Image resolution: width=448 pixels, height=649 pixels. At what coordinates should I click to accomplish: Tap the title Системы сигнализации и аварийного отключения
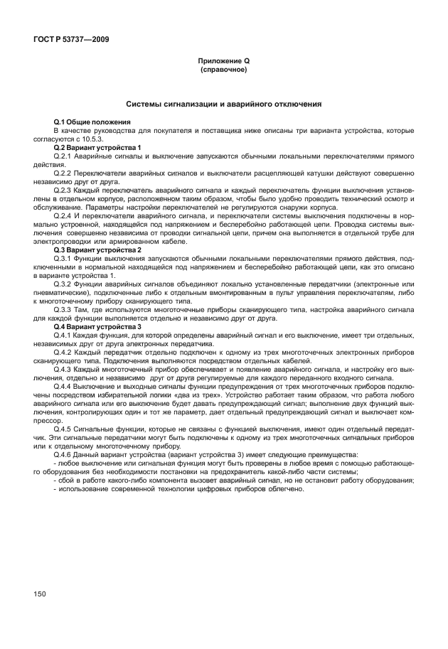pos(223,104)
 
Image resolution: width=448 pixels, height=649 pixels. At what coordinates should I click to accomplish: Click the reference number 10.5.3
pos(102,139)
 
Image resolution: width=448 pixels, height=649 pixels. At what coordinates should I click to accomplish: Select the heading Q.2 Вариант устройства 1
pos(97,147)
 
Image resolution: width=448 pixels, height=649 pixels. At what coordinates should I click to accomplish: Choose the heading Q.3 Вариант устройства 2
pos(97,250)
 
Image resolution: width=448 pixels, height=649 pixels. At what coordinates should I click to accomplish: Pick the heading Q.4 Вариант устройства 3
pos(97,326)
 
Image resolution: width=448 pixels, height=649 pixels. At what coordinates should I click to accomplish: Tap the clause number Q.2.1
pos(65,155)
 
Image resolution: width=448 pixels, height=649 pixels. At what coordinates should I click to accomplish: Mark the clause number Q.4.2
pos(65,350)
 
